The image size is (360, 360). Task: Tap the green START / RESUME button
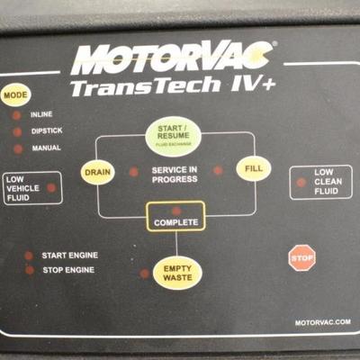coord(174,137)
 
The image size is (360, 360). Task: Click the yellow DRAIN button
coord(97,172)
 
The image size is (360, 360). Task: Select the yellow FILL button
coord(254,168)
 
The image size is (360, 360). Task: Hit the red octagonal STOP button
coord(301,258)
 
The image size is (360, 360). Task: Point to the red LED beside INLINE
coord(16,115)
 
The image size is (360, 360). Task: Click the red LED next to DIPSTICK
coord(17,132)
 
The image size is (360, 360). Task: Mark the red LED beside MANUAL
coord(18,148)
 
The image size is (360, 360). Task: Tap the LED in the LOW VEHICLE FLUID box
coord(51,188)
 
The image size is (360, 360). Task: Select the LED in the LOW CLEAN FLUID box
coord(301,183)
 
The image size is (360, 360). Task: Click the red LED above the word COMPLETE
coord(176,211)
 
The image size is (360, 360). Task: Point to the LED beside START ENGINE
coord(29,256)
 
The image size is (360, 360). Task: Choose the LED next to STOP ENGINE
coord(30,270)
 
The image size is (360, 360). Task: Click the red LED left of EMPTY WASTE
coord(144,274)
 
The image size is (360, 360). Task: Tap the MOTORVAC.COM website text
coord(323,322)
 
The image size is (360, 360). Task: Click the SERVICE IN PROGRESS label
coord(175,175)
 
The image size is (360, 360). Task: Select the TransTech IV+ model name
coord(173,86)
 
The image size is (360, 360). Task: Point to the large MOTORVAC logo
coord(172,58)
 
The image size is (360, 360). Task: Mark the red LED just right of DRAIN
coord(133,172)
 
